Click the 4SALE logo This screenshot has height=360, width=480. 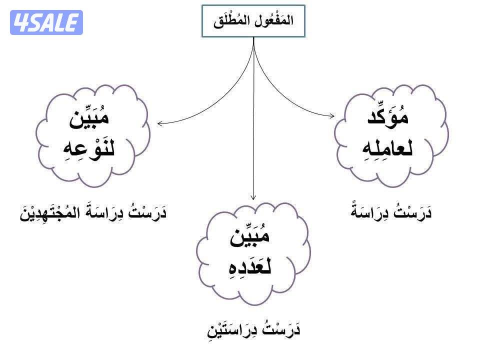coord(46,22)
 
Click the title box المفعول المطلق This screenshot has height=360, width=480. coord(253,21)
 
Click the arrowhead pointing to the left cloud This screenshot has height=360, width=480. coord(159,122)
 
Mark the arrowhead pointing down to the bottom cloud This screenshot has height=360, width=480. coord(253,196)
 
